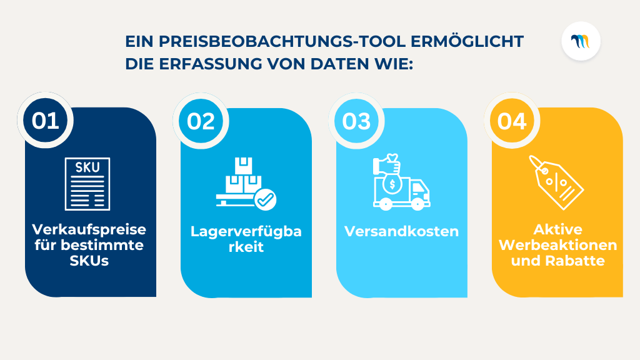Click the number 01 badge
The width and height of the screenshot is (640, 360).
(46, 120)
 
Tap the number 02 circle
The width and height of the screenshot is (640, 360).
(201, 120)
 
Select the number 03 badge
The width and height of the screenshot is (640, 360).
(357, 120)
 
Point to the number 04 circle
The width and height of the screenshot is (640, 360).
(512, 120)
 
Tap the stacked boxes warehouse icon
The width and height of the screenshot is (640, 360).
(239, 181)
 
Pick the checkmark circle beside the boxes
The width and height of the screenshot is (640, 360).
(266, 199)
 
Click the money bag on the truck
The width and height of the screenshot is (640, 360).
(388, 184)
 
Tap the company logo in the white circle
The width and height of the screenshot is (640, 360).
(581, 41)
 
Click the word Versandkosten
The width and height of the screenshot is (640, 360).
(402, 231)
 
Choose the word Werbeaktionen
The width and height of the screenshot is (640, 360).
(558, 245)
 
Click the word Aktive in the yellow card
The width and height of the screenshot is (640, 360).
(558, 229)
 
